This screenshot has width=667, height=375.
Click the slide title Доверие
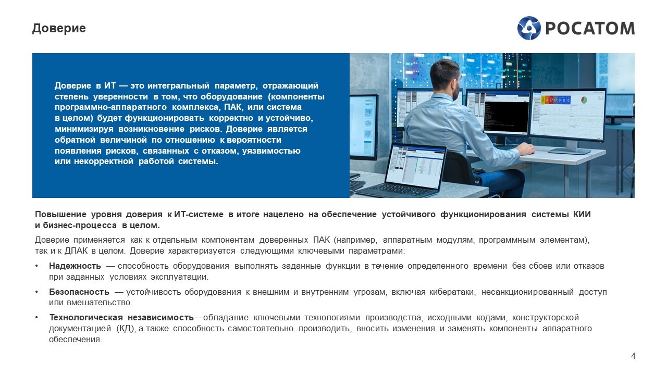point(59,29)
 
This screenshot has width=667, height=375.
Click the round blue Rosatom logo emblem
point(529,28)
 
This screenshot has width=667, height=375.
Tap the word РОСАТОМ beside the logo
point(590,29)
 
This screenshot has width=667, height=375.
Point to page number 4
point(633,356)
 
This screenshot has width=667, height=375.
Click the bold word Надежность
point(75,266)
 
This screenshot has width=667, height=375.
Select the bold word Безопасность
point(79,292)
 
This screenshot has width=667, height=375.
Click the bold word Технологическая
point(86,318)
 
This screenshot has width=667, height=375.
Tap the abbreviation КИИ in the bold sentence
point(582,214)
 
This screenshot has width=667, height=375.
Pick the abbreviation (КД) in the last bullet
point(126,329)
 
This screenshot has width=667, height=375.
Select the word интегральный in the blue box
point(178,86)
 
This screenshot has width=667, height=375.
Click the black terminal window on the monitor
point(506,114)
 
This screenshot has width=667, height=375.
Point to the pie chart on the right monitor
point(584,100)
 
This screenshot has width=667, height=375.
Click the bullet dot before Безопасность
point(36,292)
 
